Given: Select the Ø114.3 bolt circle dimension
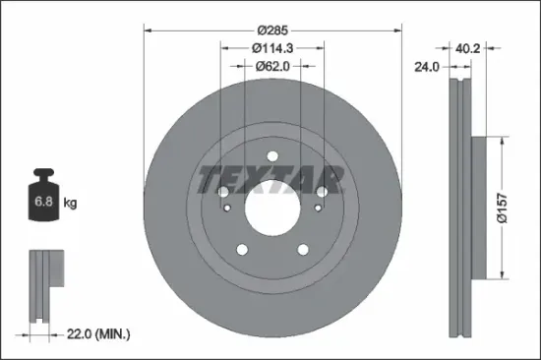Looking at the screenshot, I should pyautogui.click(x=271, y=46).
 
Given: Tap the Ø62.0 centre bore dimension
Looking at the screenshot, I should pyautogui.click(x=271, y=67).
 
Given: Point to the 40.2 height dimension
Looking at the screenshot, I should pyautogui.click(x=468, y=46).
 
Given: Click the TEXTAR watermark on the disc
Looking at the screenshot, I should pyautogui.click(x=270, y=180).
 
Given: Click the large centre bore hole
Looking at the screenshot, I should pyautogui.click(x=270, y=208).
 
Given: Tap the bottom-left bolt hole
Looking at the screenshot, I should pyautogui.click(x=238, y=253).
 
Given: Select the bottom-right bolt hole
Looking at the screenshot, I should pyautogui.click(x=304, y=253).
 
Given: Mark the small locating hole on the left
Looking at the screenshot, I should pyautogui.click(x=227, y=208).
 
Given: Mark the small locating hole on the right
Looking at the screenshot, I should pyautogui.click(x=315, y=208).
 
